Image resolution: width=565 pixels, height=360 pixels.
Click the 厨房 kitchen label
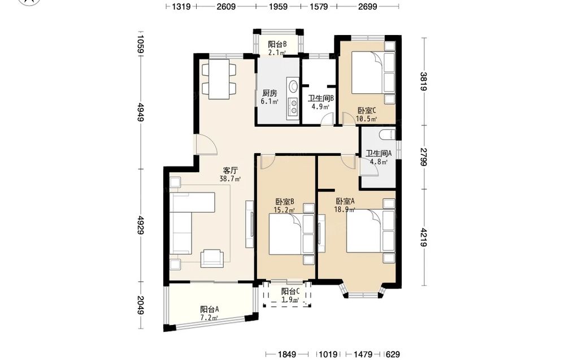[x=270, y=93]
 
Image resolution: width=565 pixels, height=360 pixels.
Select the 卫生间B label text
[x=321, y=98]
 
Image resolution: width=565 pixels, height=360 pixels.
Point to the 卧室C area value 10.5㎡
[x=367, y=119]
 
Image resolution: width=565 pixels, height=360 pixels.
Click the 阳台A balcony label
[x=210, y=309]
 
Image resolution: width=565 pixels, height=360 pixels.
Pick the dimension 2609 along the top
[x=226, y=6]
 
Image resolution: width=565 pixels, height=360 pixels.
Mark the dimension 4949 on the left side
[x=141, y=112]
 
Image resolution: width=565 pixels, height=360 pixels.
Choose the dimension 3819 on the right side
[x=424, y=82]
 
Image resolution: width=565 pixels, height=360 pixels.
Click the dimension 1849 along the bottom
[x=286, y=354]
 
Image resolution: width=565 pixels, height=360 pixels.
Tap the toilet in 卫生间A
[x=387, y=135]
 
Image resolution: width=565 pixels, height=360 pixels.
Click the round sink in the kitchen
[x=293, y=86]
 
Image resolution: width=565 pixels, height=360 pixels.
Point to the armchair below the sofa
[x=211, y=258]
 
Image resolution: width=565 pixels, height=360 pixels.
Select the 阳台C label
[x=290, y=291]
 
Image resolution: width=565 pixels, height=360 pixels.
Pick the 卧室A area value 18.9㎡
[x=345, y=209]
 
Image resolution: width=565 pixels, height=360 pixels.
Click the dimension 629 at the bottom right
[x=393, y=354]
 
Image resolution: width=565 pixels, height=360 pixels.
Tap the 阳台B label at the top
[x=277, y=44]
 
